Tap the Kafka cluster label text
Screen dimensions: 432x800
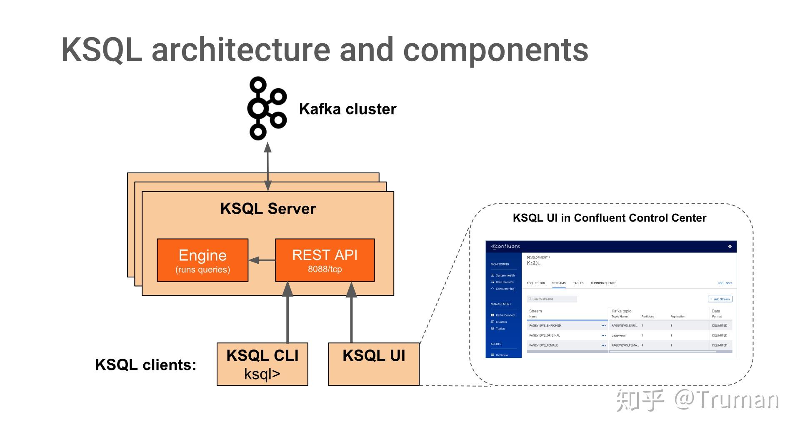point(347,109)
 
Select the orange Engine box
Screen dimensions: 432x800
point(202,260)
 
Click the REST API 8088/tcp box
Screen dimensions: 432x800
point(325,260)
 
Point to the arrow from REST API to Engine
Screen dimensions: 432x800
point(262,260)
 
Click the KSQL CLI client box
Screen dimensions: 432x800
point(262,364)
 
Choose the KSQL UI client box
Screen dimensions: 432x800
point(373,364)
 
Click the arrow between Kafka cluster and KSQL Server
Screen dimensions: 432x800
point(268,167)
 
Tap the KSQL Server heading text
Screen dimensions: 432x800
point(268,209)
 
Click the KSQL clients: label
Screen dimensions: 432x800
point(145,365)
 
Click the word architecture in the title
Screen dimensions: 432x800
point(241,50)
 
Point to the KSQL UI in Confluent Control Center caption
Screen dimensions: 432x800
point(609,218)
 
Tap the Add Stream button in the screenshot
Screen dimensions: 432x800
point(720,299)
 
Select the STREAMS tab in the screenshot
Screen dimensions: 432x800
point(559,283)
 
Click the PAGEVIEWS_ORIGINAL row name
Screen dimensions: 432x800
point(544,335)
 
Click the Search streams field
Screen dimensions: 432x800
point(552,299)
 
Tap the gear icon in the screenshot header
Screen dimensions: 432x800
point(730,247)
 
